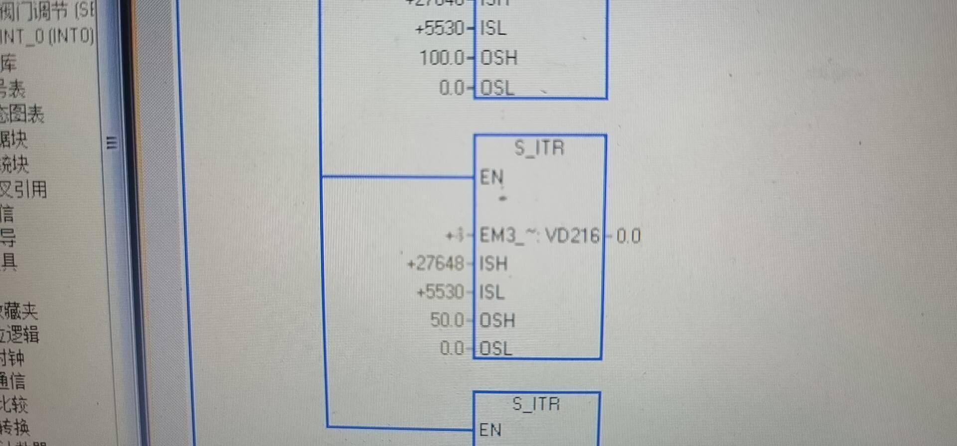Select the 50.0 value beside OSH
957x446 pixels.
447,320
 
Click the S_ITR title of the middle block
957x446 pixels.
539,148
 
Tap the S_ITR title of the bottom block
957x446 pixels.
536,404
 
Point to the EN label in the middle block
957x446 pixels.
491,177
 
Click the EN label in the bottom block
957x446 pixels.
490,430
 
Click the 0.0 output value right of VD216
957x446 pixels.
628,235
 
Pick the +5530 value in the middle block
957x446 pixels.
440,291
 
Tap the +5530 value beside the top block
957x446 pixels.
439,28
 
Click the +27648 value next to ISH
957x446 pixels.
435,263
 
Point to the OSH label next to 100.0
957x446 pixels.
498,58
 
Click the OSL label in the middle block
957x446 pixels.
495,348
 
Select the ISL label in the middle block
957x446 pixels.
492,292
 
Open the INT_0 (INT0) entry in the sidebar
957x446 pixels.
47,36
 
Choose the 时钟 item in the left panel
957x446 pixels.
13,357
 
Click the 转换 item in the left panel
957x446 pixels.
15,427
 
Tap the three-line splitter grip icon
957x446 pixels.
112,143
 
